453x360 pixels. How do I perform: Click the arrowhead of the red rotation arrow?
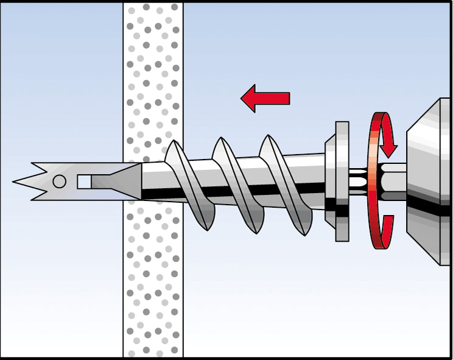(x=388, y=148)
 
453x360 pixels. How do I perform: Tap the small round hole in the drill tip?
(x=59, y=181)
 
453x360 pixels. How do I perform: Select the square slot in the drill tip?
(x=84, y=181)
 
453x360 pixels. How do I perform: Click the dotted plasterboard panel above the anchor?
(x=153, y=73)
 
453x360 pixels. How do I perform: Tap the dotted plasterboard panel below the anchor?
(x=153, y=286)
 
